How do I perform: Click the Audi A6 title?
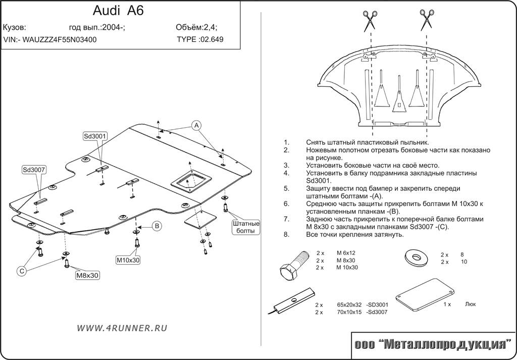[118, 11]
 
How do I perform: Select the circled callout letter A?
[196, 125]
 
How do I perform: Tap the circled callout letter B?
[157, 226]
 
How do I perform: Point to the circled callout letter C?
[22, 272]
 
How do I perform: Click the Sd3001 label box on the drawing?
[95, 136]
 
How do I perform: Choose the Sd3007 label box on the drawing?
[34, 170]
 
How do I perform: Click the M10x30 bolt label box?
[128, 260]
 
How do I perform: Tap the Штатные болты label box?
[245, 227]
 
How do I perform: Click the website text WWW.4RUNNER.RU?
[122, 328]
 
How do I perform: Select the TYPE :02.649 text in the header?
[200, 39]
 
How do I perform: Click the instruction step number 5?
[286, 188]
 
